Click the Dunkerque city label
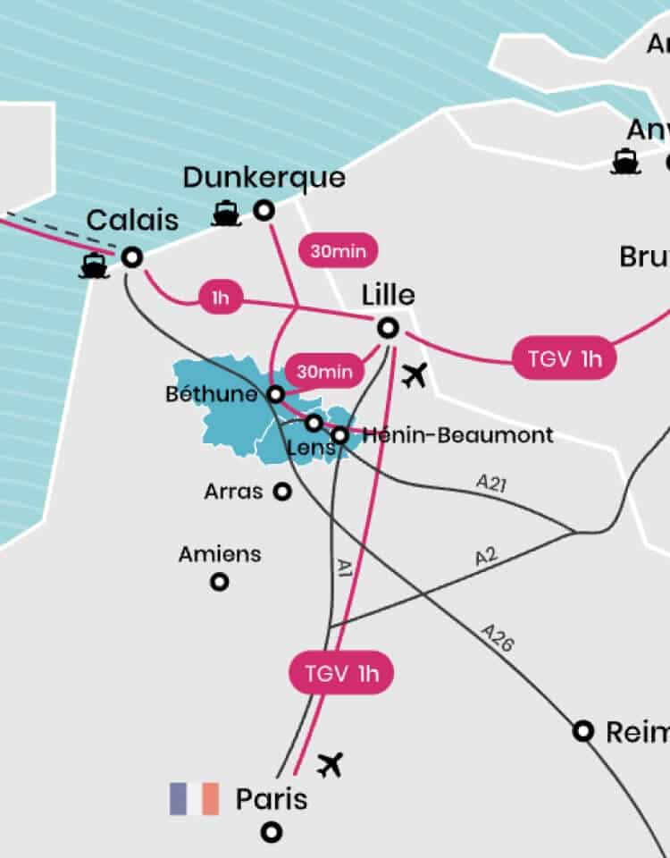[264, 178]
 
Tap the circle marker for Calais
[132, 257]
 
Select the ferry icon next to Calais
[94, 266]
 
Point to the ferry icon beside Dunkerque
[227, 214]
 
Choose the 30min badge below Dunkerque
[339, 251]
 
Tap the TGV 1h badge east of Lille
[565, 358]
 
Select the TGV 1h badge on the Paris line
[341, 674]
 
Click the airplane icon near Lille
[413, 377]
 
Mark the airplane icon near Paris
[331, 764]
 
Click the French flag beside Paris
[194, 798]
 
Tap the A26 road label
[498, 637]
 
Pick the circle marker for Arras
[282, 492]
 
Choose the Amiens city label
[220, 554]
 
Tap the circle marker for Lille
[388, 328]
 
